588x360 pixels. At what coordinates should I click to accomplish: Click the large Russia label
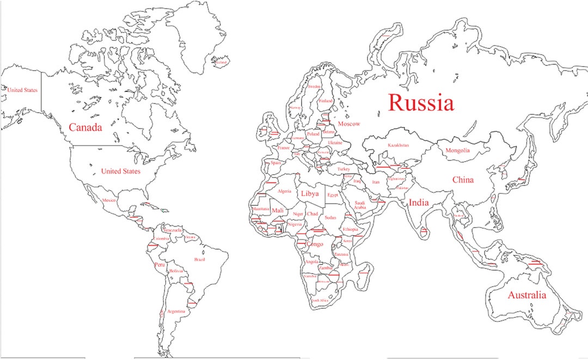click(x=420, y=102)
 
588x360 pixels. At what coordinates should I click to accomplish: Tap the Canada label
click(x=85, y=127)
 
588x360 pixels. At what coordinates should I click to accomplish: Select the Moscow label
click(x=348, y=124)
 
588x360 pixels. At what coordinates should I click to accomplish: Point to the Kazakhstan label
click(x=398, y=145)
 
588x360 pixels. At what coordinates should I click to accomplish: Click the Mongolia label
click(x=457, y=150)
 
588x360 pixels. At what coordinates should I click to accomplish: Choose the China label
click(x=463, y=180)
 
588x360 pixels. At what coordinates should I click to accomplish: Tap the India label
click(x=419, y=203)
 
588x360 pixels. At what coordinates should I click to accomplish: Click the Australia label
click(x=526, y=295)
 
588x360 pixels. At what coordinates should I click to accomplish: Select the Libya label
click(x=309, y=194)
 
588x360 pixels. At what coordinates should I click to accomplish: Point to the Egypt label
click(x=333, y=194)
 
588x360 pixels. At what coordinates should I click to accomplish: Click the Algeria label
click(x=284, y=191)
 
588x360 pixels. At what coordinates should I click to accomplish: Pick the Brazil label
click(x=200, y=260)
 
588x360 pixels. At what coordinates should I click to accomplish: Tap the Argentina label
click(x=176, y=311)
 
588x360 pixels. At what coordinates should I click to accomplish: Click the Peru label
click(x=159, y=265)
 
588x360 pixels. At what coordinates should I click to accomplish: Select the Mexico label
click(x=109, y=200)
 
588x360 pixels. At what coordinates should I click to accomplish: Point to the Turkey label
click(x=344, y=169)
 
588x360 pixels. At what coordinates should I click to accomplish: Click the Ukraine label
click(x=335, y=143)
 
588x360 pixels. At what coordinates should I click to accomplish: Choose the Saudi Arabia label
click(x=360, y=205)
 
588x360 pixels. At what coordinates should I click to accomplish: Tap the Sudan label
click(x=330, y=217)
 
